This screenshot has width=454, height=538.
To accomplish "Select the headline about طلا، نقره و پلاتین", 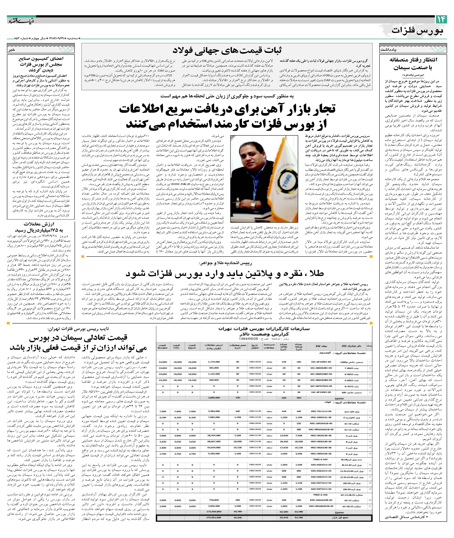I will click(224, 273).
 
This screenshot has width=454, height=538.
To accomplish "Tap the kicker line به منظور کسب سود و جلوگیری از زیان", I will click(227, 96).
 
